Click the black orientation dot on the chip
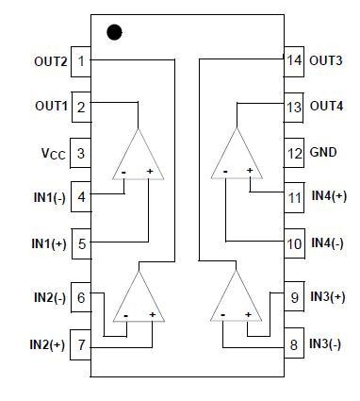(114, 32)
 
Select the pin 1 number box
(81, 61)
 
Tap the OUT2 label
(51, 61)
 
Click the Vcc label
(54, 154)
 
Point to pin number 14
(294, 60)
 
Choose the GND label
(323, 152)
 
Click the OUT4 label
(326, 106)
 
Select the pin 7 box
(80, 344)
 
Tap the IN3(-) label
(325, 343)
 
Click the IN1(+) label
(49, 243)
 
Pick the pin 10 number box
(294, 243)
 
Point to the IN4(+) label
(329, 196)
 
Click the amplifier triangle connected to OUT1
(138, 154)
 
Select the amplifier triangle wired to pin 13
(237, 153)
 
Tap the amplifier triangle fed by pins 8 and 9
(236, 295)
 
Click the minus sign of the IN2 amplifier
(126, 315)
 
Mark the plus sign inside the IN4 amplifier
(250, 170)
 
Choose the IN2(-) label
(50, 298)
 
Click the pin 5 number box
(82, 243)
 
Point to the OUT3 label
(326, 60)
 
